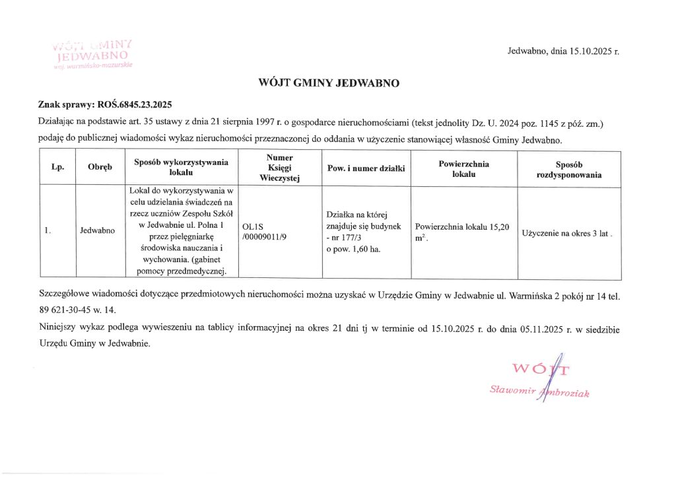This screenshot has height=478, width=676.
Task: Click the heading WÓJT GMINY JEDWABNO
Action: [337, 84]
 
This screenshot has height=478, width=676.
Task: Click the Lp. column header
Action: [57, 168]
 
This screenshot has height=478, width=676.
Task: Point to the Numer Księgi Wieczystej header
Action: [279, 168]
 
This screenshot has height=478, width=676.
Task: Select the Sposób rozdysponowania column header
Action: [568, 168]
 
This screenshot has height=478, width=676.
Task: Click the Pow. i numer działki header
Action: [365, 168]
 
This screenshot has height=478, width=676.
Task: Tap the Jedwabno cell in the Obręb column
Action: [97, 231]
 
